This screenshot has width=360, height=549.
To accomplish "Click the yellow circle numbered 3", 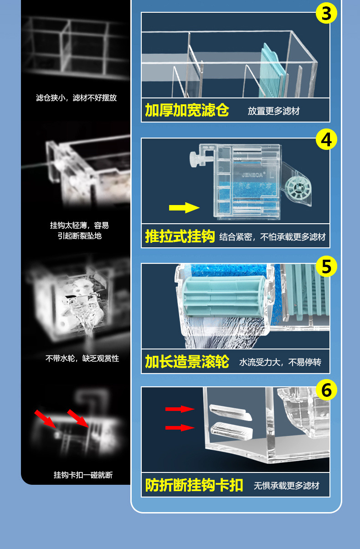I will click(326, 14).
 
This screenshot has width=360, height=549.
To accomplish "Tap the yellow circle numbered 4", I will click(326, 139).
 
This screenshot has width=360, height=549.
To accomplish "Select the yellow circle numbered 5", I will click(326, 266).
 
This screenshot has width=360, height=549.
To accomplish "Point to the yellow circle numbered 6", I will click(326, 390).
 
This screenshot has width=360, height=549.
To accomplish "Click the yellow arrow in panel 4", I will click(184, 208).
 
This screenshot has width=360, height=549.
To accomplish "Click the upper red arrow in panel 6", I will click(180, 409).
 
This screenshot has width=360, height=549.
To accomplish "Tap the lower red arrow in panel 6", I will click(180, 427).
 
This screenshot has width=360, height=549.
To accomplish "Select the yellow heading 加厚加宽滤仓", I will click(187, 110).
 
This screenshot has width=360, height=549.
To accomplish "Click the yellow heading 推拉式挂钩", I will click(180, 236).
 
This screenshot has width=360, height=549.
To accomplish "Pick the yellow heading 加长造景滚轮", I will click(187, 362).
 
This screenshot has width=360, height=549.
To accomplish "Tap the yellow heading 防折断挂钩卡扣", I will click(194, 485).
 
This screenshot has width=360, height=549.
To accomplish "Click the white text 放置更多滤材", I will click(274, 111).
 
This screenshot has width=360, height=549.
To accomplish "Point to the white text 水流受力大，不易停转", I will click(280, 362).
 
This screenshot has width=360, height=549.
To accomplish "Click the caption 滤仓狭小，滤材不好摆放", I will click(76, 98).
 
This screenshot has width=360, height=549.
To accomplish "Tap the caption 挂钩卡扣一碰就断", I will click(83, 475).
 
